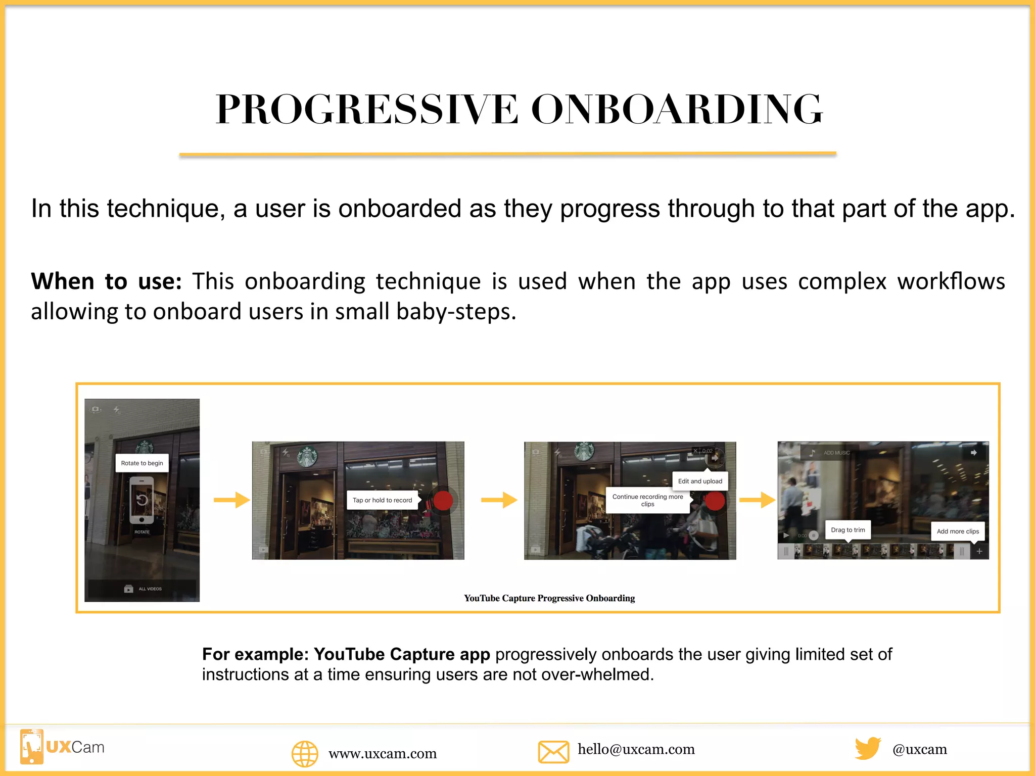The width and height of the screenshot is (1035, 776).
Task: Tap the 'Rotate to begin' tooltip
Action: pyautogui.click(x=142, y=463)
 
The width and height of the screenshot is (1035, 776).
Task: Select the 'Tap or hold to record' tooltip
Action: pyautogui.click(x=382, y=500)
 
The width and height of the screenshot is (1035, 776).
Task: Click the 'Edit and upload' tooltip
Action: pyautogui.click(x=700, y=481)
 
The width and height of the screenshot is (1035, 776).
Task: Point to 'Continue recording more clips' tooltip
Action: pyautogui.click(x=647, y=500)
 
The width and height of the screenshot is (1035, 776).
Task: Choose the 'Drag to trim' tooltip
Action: pyautogui.click(x=848, y=530)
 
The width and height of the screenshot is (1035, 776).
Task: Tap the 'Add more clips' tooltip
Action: pyautogui.click(x=958, y=531)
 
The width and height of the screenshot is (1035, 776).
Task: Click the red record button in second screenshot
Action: pyautogui.click(x=443, y=501)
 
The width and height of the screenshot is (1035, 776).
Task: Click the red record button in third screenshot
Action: pyautogui.click(x=715, y=501)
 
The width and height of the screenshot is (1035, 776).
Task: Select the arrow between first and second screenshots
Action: pyautogui.click(x=231, y=500)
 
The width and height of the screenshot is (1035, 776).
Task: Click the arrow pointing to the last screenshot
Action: pyautogui.click(x=757, y=500)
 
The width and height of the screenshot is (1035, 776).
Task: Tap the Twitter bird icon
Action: pyautogui.click(x=868, y=748)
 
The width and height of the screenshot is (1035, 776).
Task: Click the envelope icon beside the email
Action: pyautogui.click(x=553, y=752)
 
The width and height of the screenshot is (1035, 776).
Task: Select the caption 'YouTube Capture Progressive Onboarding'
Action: pyautogui.click(x=549, y=598)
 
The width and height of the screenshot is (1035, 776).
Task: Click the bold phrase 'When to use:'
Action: pyautogui.click(x=106, y=281)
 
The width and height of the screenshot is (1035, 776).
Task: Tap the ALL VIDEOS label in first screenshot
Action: pyautogui.click(x=150, y=589)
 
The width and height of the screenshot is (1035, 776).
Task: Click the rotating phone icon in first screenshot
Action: pyautogui.click(x=142, y=501)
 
